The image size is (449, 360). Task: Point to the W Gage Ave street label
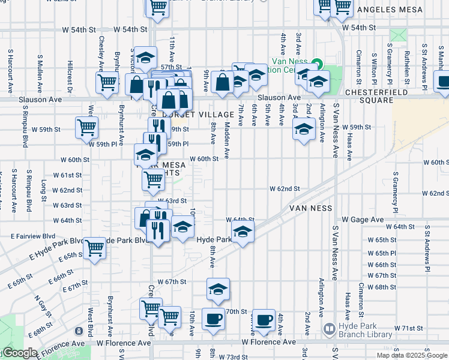(360, 220)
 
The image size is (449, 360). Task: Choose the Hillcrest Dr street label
(71, 76)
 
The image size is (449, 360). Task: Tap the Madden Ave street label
(227, 141)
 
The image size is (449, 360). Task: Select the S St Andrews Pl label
(427, 247)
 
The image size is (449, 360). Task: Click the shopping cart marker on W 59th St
(86, 127)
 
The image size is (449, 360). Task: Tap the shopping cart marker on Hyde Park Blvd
(94, 247)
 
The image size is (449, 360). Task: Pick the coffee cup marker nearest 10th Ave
(212, 318)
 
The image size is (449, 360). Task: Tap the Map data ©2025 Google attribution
(412, 355)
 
